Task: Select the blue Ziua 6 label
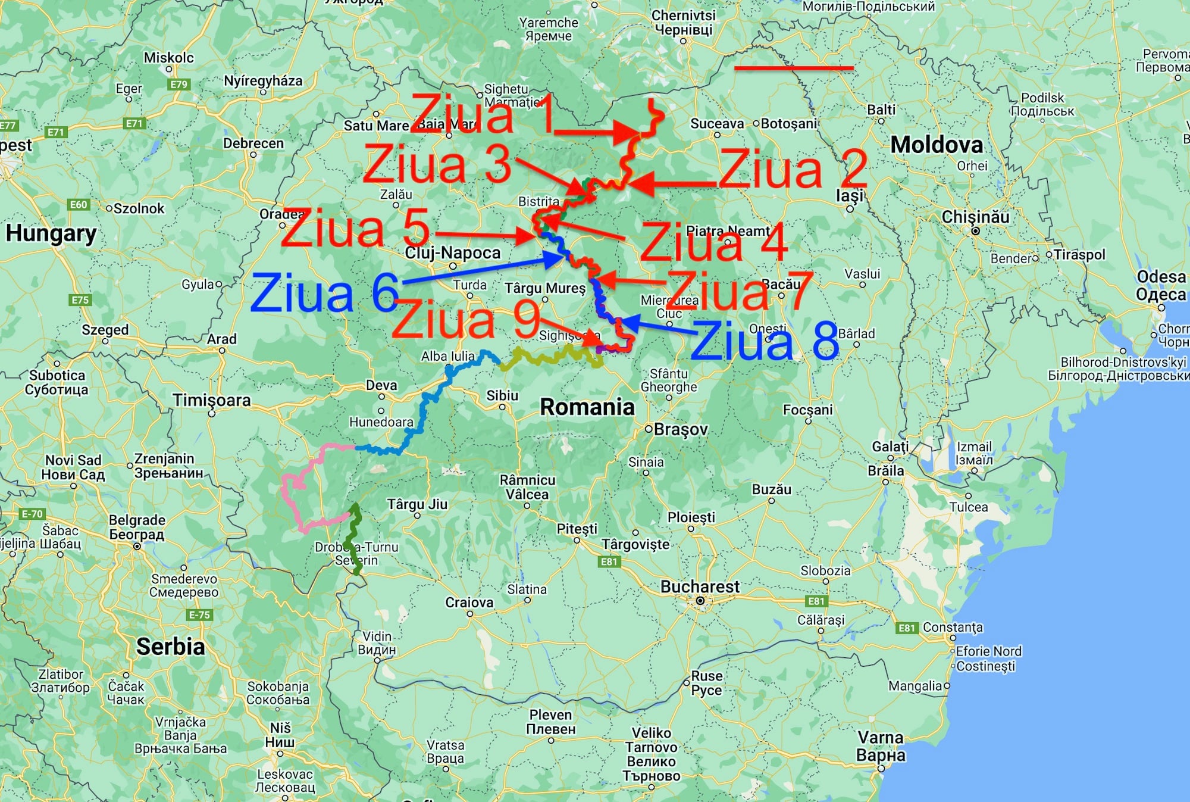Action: pyautogui.click(x=324, y=293)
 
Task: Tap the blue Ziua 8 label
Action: pyautogui.click(x=765, y=341)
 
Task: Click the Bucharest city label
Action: pyautogui.click(x=700, y=587)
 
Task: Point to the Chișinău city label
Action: pyautogui.click(x=975, y=217)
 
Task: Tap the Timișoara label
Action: pyautogui.click(x=212, y=400)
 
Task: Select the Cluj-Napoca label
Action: pyautogui.click(x=453, y=253)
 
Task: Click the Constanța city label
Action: pyautogui.click(x=953, y=628)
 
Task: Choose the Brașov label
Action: pyautogui.click(x=681, y=429)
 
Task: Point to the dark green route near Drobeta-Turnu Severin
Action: pyautogui.click(x=355, y=536)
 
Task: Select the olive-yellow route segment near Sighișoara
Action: pyautogui.click(x=547, y=357)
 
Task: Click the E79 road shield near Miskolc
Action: pyautogui.click(x=178, y=85)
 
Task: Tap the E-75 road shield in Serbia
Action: pyautogui.click(x=199, y=615)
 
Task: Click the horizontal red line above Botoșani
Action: pyautogui.click(x=794, y=68)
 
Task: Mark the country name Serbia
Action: pyautogui.click(x=170, y=647)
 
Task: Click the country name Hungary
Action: pyautogui.click(x=51, y=233)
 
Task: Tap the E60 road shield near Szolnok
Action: pyautogui.click(x=79, y=205)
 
